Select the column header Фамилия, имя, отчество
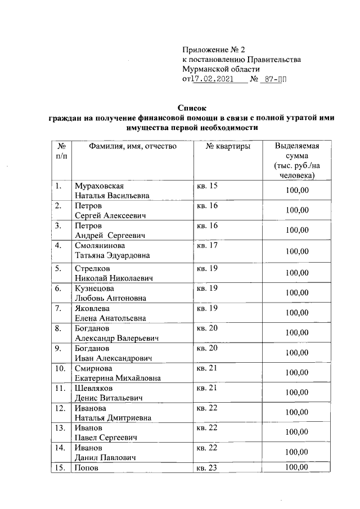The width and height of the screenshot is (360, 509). (x=133, y=146)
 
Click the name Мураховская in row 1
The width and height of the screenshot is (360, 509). (x=98, y=186)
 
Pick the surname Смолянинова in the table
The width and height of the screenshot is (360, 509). (x=100, y=245)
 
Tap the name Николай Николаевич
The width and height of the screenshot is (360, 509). (x=114, y=278)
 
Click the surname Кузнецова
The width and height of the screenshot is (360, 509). (x=94, y=288)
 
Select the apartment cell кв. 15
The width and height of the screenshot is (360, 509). (x=206, y=186)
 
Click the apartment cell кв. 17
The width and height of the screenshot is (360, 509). (x=206, y=245)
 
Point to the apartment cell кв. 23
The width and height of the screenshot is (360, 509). (x=206, y=467)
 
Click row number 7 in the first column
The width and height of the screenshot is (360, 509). (x=58, y=308)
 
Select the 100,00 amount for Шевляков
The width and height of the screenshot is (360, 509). (x=297, y=393)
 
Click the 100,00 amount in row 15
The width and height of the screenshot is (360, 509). (x=297, y=467)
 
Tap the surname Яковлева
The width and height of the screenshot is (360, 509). (x=93, y=308)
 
